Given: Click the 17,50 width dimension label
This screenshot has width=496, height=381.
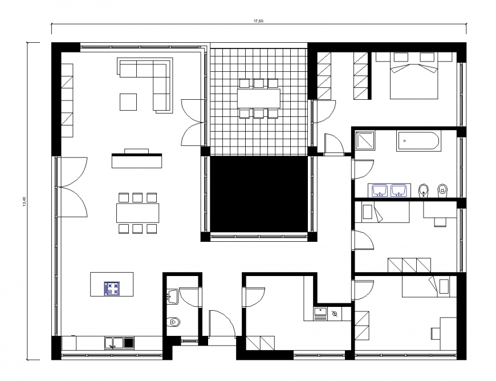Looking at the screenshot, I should click(x=259, y=21).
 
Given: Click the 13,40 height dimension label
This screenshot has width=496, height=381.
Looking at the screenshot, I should click(x=23, y=201).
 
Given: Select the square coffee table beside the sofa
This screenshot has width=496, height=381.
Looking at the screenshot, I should click(x=128, y=102).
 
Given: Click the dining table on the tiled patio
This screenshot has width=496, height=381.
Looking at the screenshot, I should click(x=258, y=98).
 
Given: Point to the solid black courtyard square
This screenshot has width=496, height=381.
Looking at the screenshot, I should click(x=259, y=194).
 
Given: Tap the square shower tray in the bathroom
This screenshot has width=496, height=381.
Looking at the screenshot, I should click(x=365, y=141).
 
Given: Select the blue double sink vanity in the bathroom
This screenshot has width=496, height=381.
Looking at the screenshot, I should click(x=390, y=190).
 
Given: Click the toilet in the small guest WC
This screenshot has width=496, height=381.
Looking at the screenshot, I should click(x=174, y=323).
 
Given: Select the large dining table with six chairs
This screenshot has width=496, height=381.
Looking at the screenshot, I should click(x=137, y=213).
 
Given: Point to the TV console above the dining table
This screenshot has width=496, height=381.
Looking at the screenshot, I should click(x=136, y=161).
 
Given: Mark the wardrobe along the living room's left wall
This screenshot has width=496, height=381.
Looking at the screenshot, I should click(x=67, y=100).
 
